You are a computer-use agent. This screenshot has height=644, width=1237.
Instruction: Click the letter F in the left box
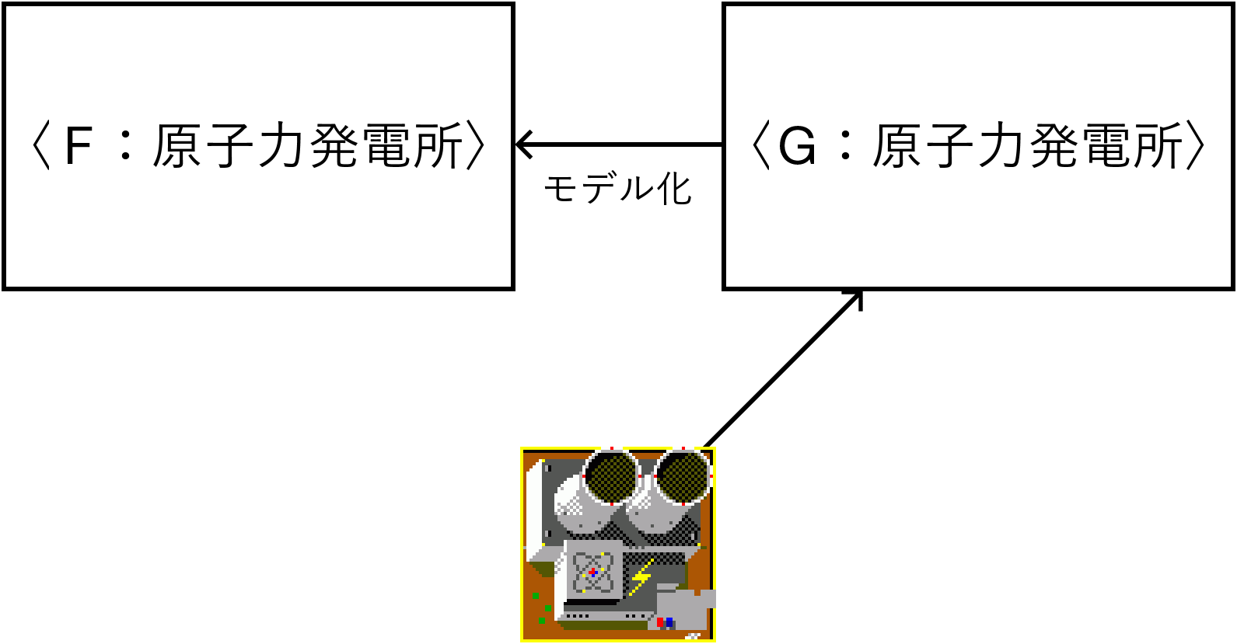(x=79, y=146)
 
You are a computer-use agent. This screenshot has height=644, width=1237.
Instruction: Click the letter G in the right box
(x=798, y=146)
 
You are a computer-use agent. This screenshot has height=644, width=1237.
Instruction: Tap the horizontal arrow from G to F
(x=622, y=144)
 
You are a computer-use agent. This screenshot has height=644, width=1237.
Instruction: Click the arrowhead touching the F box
(x=522, y=144)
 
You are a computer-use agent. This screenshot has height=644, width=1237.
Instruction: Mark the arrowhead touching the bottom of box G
(x=856, y=297)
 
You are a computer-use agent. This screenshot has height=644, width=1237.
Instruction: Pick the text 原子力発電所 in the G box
(x=1028, y=146)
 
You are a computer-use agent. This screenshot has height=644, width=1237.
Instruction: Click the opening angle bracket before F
(x=40, y=146)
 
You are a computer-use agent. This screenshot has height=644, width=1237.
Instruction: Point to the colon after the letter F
(x=125, y=146)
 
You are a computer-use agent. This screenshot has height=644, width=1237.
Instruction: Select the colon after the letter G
(x=845, y=146)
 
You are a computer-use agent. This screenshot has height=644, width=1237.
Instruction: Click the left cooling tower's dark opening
(x=610, y=475)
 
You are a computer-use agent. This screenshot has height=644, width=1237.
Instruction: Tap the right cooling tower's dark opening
(x=682, y=475)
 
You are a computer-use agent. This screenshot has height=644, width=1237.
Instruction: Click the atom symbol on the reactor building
(x=593, y=573)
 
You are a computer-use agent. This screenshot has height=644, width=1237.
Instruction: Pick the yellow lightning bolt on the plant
(x=641, y=576)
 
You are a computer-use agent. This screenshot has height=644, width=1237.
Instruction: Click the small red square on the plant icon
(x=661, y=622)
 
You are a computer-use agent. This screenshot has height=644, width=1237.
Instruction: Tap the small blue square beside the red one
(x=669, y=622)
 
